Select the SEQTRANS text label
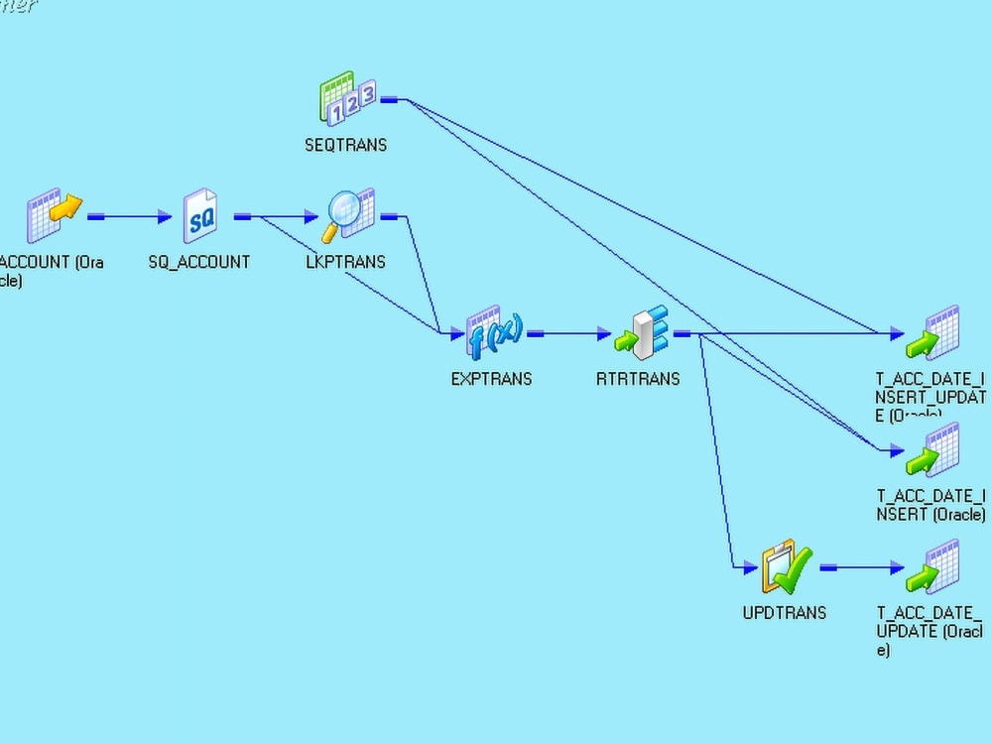[x=345, y=145]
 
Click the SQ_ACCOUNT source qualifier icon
[x=201, y=216]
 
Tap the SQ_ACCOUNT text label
[x=205, y=262]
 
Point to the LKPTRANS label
[x=345, y=262]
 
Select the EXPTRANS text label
[x=491, y=379]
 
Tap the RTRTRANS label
[x=638, y=379]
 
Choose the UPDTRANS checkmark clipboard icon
[x=785, y=566]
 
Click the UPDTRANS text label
[x=784, y=613]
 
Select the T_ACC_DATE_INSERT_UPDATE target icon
[x=932, y=332]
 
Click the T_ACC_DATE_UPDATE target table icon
[x=932, y=566]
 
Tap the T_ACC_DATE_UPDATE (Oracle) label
[x=929, y=631]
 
